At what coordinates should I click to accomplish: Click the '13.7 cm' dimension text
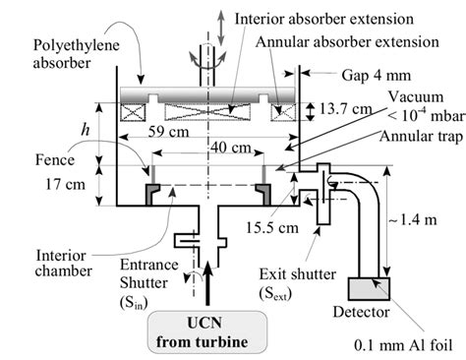(x=345, y=110)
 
